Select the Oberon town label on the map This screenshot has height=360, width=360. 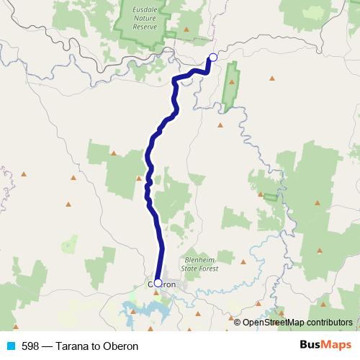pos(163,284)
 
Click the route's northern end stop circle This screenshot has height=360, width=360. pos(212,58)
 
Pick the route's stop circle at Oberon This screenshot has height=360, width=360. pos(158,284)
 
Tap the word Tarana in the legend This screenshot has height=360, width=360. pos(77,346)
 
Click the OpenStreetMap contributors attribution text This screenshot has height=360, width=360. pos(297,323)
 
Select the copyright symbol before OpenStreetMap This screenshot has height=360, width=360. pos(238,323)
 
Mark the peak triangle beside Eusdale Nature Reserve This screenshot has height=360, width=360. pos(186,30)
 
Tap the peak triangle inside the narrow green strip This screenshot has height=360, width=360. pos(232,82)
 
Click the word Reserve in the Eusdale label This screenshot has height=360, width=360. pos(148,27)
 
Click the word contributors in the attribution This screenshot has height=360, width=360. pos(328,323)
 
